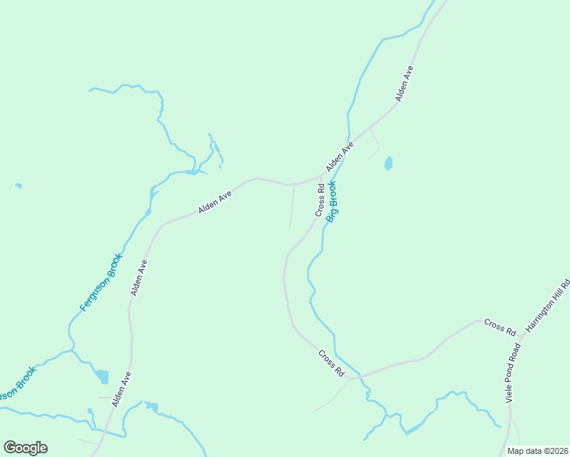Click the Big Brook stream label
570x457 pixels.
click(333, 201)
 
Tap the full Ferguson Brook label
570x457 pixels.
click(101, 282)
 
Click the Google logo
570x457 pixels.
click(25, 448)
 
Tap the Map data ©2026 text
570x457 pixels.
click(537, 451)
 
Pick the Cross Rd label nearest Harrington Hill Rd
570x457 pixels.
click(500, 328)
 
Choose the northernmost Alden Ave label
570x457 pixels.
click(404, 84)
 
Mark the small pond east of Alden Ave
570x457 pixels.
click(389, 163)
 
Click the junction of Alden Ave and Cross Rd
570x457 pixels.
click(321, 177)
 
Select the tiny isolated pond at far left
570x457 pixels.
click(18, 185)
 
